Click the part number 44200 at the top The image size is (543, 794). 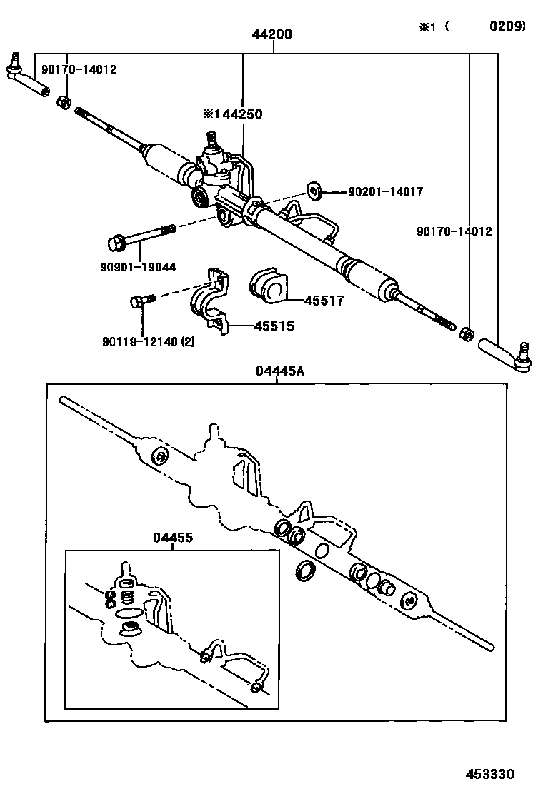point(271,34)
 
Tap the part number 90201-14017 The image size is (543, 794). point(385,192)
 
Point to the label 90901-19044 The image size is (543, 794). point(139,267)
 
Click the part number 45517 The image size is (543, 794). point(324,301)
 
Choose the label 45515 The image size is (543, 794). point(274,326)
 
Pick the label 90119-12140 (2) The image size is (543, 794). point(149,341)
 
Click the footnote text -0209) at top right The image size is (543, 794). point(503,26)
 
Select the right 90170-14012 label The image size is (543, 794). point(454,231)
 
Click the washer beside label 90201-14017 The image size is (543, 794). point(314,191)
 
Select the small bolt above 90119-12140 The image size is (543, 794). point(142,299)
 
